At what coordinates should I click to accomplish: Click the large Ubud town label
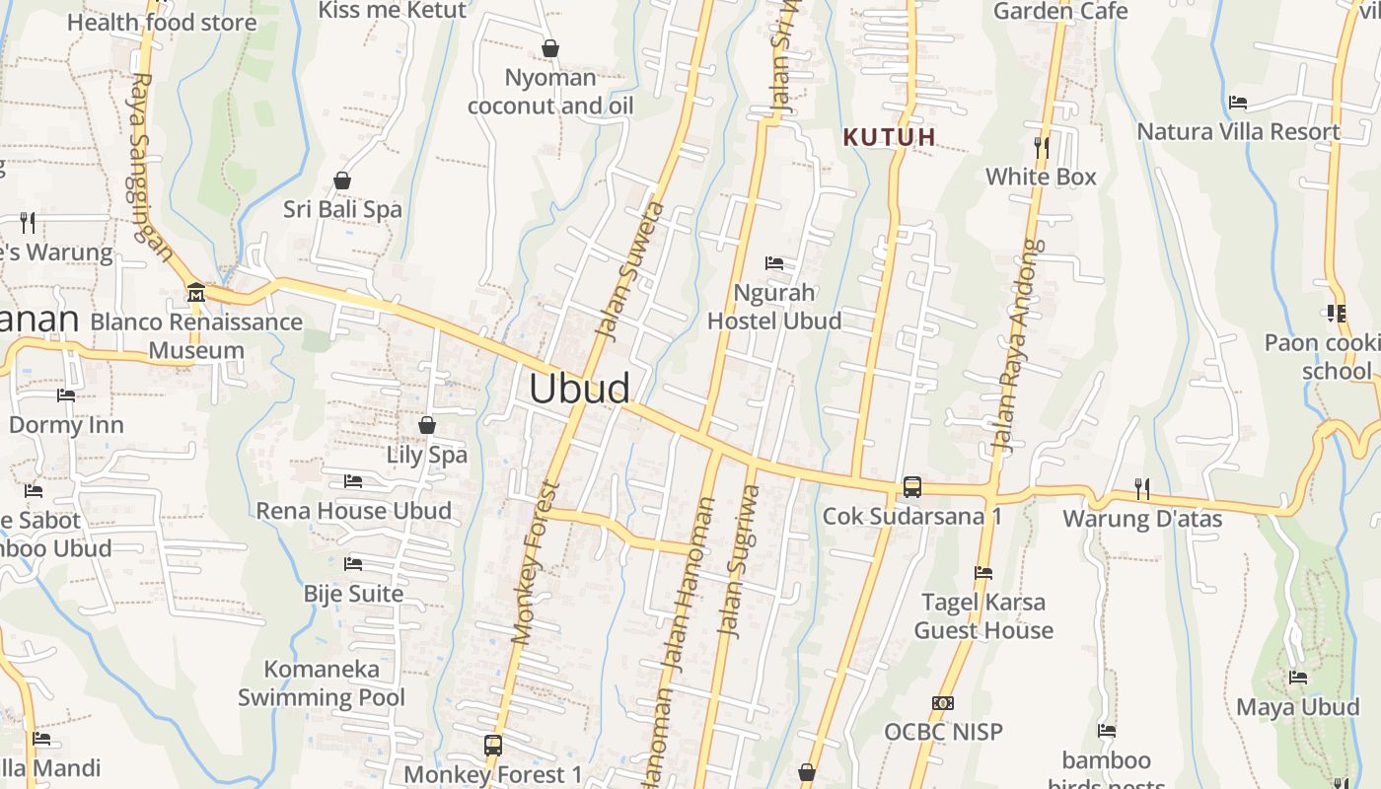pyautogui.click(x=579, y=388)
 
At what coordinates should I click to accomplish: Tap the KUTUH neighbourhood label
pyautogui.click(x=889, y=137)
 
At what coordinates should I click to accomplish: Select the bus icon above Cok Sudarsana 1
pyautogui.click(x=912, y=487)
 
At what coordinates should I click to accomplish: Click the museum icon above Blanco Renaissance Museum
pyautogui.click(x=195, y=293)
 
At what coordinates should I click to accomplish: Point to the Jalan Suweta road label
pyautogui.click(x=632, y=272)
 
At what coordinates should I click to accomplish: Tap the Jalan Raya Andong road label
pyautogui.click(x=1018, y=345)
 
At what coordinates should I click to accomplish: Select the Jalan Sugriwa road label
pyautogui.click(x=740, y=561)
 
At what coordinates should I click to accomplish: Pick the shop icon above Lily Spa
pyautogui.click(x=427, y=425)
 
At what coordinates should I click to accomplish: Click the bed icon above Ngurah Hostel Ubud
pyautogui.click(x=774, y=263)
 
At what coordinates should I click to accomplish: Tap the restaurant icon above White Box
pyautogui.click(x=1042, y=148)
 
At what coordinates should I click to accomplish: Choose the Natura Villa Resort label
pyautogui.click(x=1238, y=132)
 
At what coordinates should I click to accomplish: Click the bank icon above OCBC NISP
pyautogui.click(x=943, y=703)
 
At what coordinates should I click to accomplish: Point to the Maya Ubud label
pyautogui.click(x=1297, y=707)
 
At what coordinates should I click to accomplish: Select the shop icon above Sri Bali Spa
pyautogui.click(x=342, y=180)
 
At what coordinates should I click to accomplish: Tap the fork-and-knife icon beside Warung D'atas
pyautogui.click(x=1142, y=488)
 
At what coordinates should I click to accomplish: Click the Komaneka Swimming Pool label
pyautogui.click(x=322, y=683)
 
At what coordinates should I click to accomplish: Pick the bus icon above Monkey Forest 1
pyautogui.click(x=493, y=746)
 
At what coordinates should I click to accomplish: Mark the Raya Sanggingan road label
pyautogui.click(x=153, y=166)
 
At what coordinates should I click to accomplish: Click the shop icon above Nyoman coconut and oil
pyautogui.click(x=550, y=48)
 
